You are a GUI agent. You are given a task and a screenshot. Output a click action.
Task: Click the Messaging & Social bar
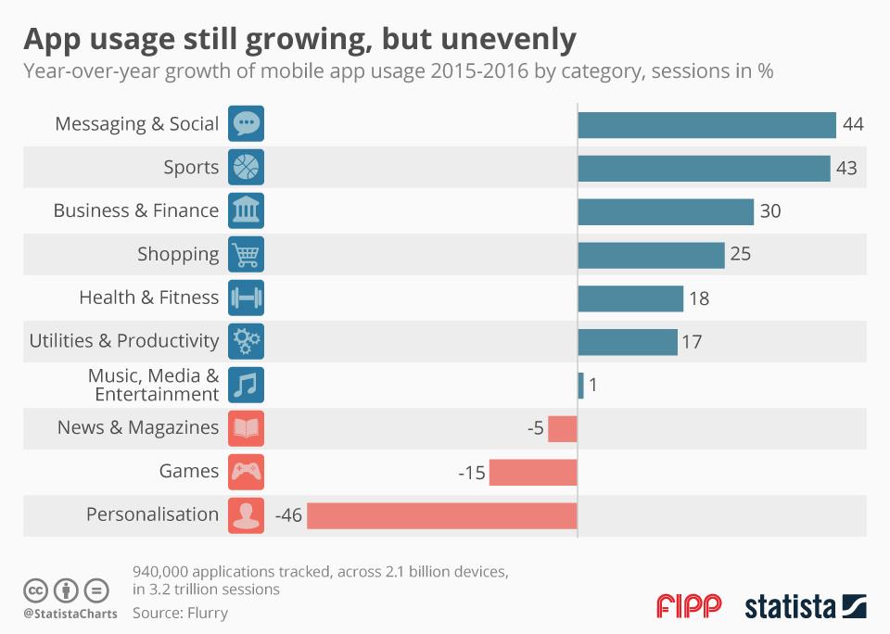[x=706, y=125]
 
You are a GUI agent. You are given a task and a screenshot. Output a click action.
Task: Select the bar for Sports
[x=704, y=168]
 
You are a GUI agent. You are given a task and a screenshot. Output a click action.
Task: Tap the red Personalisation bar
[x=441, y=514]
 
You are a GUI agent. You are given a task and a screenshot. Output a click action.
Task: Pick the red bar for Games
[x=533, y=472]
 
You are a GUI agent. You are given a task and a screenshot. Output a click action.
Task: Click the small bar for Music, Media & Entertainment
[x=580, y=385]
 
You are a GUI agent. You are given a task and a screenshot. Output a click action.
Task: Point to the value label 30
[x=770, y=211]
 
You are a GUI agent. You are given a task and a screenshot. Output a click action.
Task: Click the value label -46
[x=288, y=514]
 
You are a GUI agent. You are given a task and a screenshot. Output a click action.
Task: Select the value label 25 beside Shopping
[x=740, y=254]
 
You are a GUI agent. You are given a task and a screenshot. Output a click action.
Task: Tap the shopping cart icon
[x=246, y=254]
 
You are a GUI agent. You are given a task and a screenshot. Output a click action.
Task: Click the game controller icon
[x=246, y=471]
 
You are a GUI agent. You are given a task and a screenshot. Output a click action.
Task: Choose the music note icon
[x=246, y=384]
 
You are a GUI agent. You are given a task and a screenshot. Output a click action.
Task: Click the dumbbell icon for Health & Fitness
[x=246, y=298]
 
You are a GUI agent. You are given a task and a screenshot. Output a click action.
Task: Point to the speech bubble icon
[x=246, y=123]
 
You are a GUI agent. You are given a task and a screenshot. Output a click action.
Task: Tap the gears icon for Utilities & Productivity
[x=246, y=341]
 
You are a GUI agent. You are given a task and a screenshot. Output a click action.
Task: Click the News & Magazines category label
[x=138, y=427]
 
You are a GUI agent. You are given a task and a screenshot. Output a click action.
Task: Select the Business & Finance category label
[x=136, y=210]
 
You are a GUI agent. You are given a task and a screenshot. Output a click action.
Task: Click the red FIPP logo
[x=689, y=607]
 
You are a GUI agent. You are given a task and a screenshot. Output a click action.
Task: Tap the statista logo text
[x=788, y=607]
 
